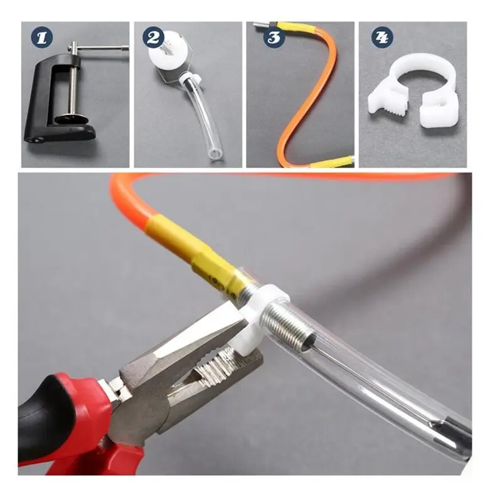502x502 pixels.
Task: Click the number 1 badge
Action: [x=42, y=38]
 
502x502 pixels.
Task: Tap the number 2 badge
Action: [x=153, y=38]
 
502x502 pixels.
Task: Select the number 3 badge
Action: [x=274, y=38]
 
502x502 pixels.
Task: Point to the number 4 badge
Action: [x=382, y=38]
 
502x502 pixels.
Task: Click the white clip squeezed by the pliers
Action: [x=256, y=320]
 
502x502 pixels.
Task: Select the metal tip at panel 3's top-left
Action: [x=261, y=24]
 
